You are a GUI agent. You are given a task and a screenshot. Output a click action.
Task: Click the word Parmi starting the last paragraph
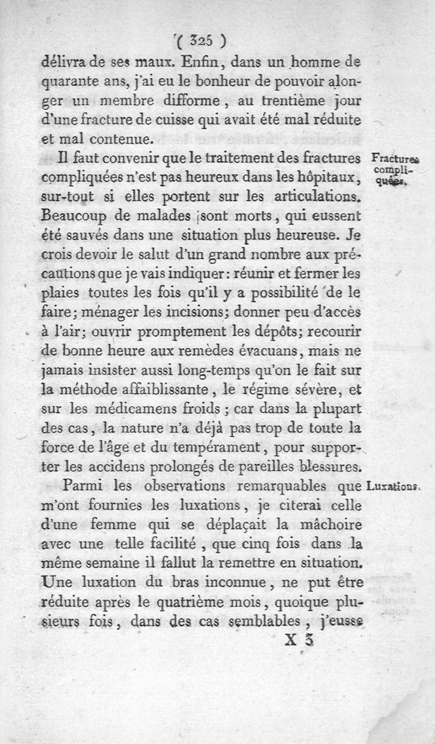(83, 485)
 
